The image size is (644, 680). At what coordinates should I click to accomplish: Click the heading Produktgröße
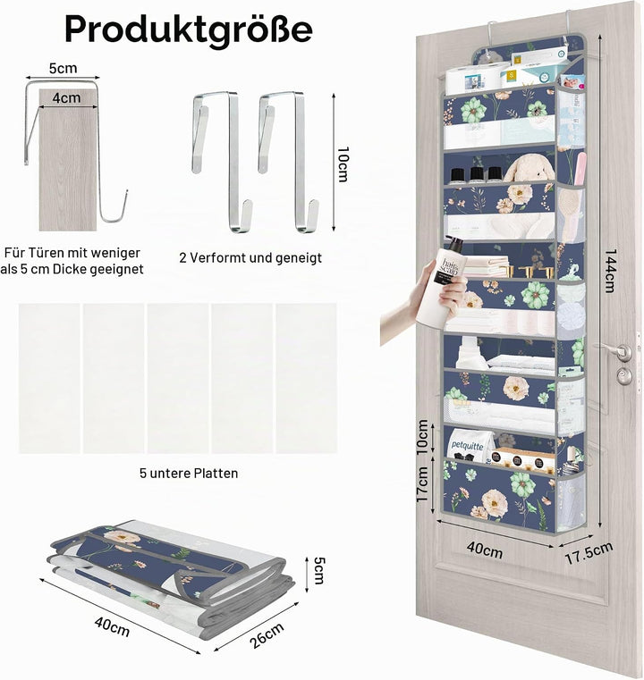coord(189,29)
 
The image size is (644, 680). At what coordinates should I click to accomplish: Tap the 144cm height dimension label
coord(611,271)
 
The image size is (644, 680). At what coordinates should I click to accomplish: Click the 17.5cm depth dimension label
coord(589,553)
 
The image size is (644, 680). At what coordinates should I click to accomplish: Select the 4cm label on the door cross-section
coord(66,98)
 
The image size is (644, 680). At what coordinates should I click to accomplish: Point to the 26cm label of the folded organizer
coord(267,635)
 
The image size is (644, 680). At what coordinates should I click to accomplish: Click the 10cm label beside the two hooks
coord(343,164)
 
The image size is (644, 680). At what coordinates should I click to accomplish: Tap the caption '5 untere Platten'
coord(189,473)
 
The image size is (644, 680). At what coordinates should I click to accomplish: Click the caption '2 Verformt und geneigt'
coord(250,257)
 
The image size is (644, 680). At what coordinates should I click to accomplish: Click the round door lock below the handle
coord(624,376)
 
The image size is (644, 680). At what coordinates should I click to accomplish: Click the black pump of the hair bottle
coord(453,244)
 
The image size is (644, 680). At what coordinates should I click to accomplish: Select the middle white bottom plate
coord(178,378)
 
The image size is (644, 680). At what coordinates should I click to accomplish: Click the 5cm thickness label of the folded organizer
coord(318,570)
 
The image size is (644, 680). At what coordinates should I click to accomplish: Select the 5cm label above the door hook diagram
coord(63,68)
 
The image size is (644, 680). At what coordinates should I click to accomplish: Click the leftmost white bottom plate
coord(49,378)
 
